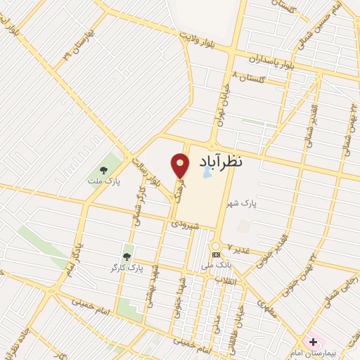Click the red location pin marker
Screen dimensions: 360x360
180,165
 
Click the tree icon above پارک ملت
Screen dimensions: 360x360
103,169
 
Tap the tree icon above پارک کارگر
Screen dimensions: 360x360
127,256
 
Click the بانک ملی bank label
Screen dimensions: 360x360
215,266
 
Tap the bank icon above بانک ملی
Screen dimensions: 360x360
215,255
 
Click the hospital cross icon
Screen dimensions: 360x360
313,342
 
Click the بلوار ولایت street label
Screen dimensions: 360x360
204,37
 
